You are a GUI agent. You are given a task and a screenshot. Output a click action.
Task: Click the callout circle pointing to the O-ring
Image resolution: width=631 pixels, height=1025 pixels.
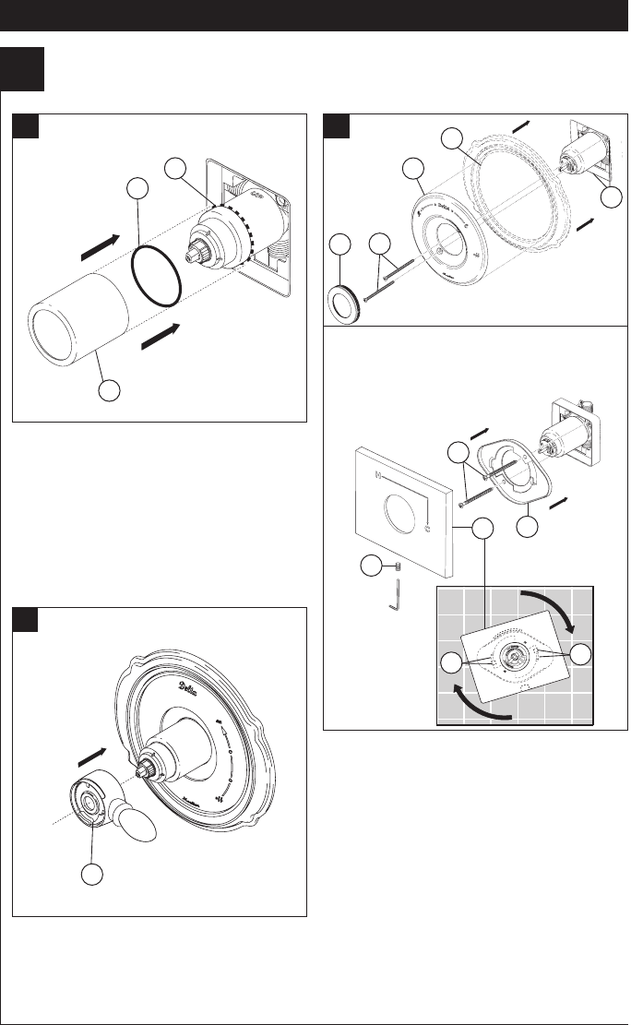pyautogui.click(x=138, y=190)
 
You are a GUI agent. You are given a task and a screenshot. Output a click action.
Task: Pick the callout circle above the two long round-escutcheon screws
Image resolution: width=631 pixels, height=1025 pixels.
pyautogui.click(x=376, y=245)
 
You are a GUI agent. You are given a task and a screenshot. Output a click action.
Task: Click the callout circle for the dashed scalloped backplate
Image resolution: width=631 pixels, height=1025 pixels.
pyautogui.click(x=451, y=138)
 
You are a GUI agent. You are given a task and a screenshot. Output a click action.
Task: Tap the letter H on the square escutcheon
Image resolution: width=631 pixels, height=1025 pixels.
pyautogui.click(x=376, y=477)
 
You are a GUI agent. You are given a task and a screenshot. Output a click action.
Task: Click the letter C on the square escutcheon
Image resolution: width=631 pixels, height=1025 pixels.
pyautogui.click(x=427, y=528)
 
